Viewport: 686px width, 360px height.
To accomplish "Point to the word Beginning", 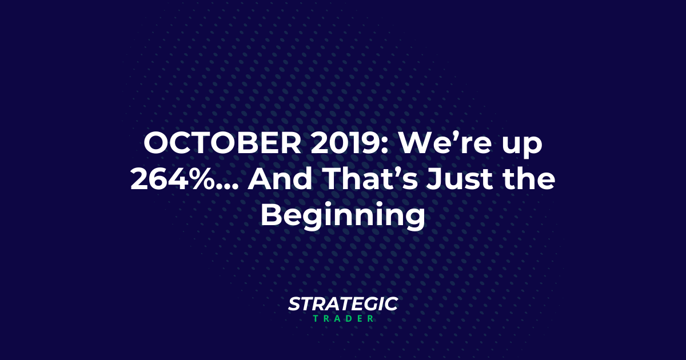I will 343,218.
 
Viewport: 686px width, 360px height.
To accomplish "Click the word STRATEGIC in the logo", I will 343,305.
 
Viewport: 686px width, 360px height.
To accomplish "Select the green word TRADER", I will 343,318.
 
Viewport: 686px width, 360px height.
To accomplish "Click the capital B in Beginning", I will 270,217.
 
